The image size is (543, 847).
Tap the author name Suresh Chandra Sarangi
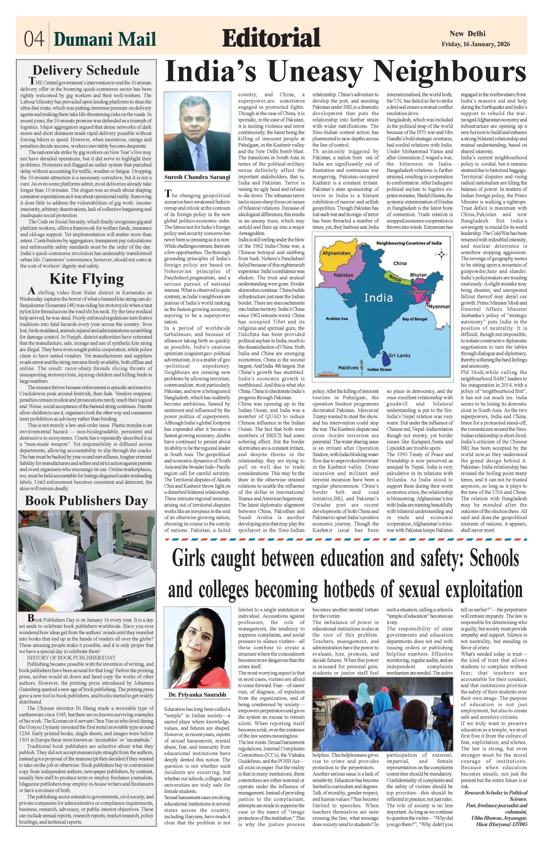197,177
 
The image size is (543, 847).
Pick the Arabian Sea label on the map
336,319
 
